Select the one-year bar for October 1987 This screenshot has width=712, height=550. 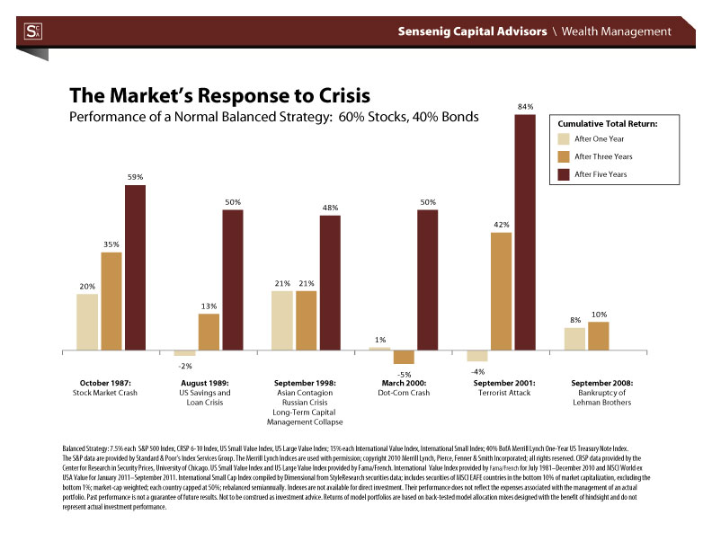[x=87, y=321]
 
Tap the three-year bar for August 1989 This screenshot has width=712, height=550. [x=209, y=331]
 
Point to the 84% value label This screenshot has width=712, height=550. [x=525, y=107]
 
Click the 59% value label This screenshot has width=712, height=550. [x=135, y=177]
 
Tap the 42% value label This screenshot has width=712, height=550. [x=502, y=225]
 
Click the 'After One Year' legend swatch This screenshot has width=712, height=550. [x=564, y=138]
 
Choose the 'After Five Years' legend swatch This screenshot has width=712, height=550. [x=564, y=174]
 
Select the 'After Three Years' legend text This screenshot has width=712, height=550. [x=603, y=156]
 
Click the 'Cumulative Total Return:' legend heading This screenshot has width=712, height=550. [x=609, y=122]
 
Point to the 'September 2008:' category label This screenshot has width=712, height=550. [x=601, y=383]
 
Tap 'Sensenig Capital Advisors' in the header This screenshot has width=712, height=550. [x=472, y=31]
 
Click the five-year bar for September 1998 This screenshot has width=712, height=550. [x=330, y=282]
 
